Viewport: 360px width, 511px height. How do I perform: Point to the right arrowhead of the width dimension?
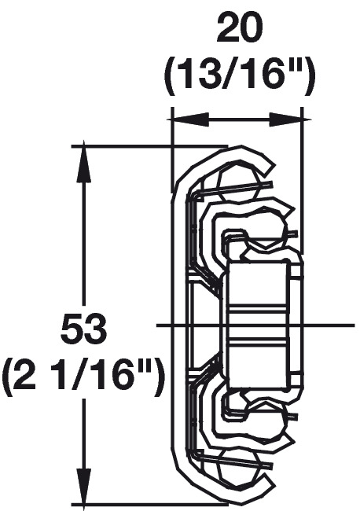(x=286, y=120)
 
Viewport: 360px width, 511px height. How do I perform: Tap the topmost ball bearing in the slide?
(x=237, y=185)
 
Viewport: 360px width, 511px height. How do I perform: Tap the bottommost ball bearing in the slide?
(x=237, y=466)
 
